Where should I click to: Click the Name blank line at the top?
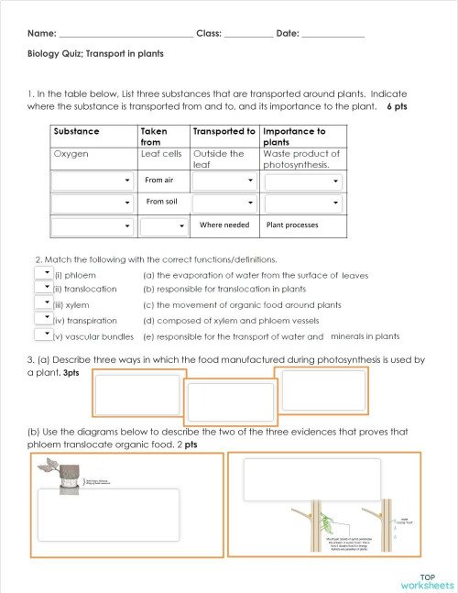(125, 34)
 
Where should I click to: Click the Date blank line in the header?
(333, 34)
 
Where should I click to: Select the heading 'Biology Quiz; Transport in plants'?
(95, 54)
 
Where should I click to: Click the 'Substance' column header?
(77, 132)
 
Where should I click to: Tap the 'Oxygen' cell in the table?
(71, 154)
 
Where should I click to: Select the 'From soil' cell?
(161, 202)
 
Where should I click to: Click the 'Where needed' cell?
(224, 225)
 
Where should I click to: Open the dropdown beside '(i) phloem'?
(41, 272)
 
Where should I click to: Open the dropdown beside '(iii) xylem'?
(41, 303)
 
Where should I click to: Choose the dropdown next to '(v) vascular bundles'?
(41, 335)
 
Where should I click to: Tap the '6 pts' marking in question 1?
(396, 106)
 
